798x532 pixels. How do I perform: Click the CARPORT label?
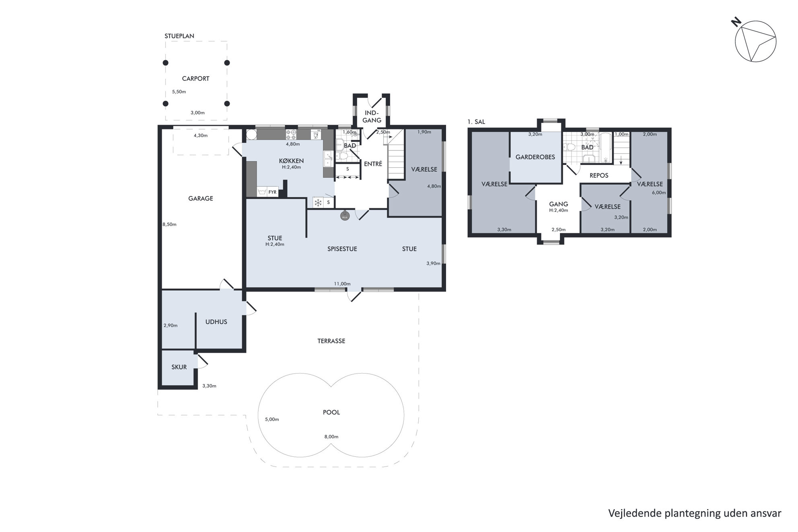point(195,78)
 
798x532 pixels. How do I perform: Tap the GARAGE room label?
point(201,198)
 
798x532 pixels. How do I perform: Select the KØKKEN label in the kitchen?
point(292,161)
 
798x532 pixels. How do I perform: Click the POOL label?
point(331,412)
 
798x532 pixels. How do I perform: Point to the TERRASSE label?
point(331,341)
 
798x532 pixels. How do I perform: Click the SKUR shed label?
point(179,367)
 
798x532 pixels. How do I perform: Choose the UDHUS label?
point(216,322)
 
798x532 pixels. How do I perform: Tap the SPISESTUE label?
point(342,249)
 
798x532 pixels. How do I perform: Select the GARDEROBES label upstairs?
point(535,157)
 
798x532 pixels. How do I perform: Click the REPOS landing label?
point(599,175)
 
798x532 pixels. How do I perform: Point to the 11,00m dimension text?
point(342,283)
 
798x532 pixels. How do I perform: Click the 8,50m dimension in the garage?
point(170,224)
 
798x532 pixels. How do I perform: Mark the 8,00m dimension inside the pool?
point(331,437)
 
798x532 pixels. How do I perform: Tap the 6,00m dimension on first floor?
point(659,193)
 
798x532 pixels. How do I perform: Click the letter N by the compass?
point(736,22)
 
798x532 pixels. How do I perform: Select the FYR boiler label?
point(273,192)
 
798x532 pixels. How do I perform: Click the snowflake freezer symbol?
point(318,203)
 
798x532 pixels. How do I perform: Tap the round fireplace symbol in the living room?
point(345,216)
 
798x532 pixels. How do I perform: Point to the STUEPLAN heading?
point(179,36)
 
